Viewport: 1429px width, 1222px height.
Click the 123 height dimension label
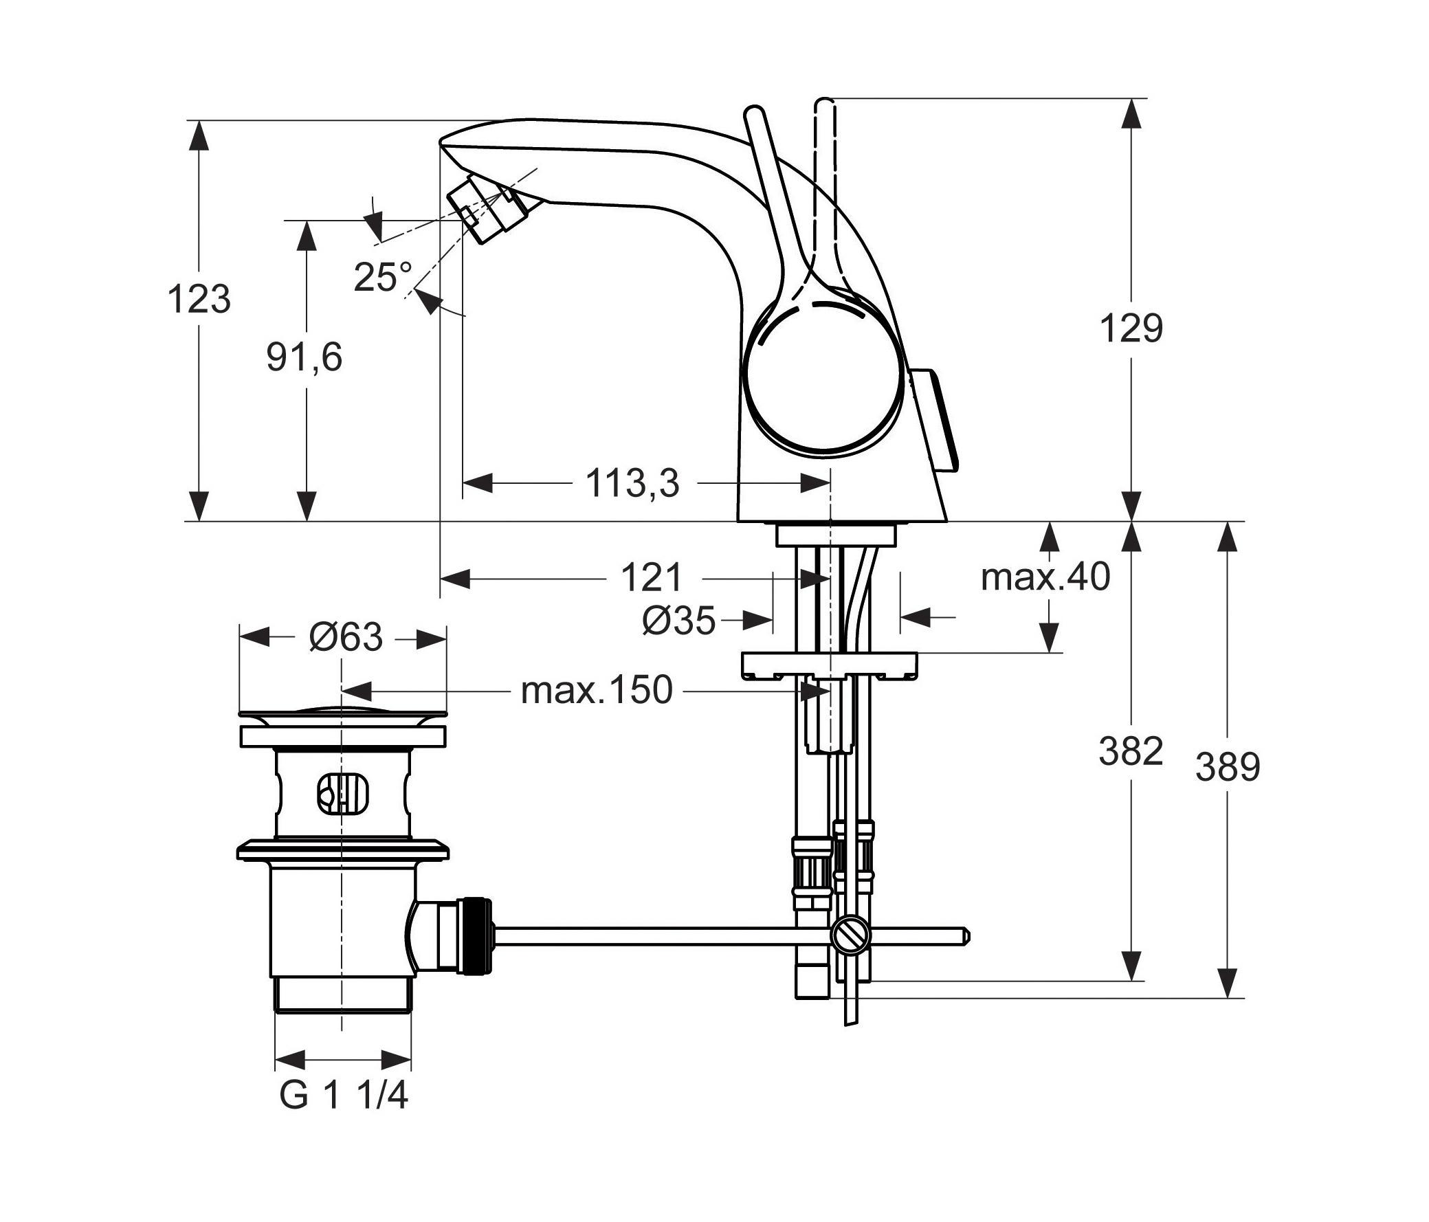199,298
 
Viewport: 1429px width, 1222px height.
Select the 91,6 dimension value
304,358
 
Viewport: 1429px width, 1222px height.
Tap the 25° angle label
383,277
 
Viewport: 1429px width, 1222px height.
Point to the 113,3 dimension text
632,482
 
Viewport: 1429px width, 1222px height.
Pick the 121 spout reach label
652,577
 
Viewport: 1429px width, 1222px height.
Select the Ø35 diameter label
678,621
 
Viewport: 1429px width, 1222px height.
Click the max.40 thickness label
1045,577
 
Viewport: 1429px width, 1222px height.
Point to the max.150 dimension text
597,689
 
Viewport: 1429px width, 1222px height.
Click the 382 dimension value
1131,751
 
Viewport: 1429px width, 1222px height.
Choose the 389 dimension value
1228,767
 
